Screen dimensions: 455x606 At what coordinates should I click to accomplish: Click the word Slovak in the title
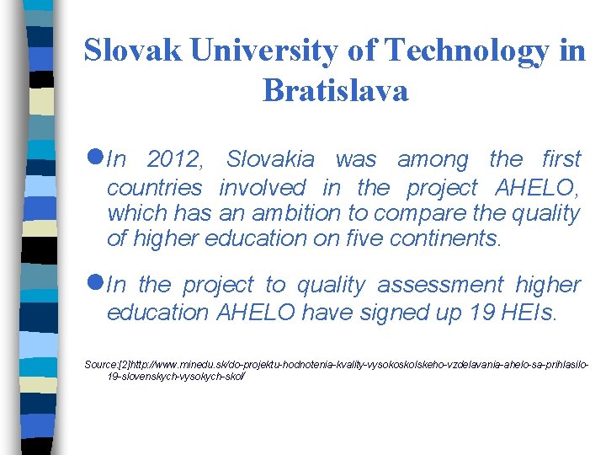[133, 52]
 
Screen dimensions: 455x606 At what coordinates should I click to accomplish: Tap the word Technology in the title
[466, 52]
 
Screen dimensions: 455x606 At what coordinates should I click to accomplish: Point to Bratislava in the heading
[335, 89]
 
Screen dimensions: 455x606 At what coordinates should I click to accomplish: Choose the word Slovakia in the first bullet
[270, 159]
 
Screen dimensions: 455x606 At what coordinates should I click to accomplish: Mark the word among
[433, 159]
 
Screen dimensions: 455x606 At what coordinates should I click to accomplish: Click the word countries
[155, 187]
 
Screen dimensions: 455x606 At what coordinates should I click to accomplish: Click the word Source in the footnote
[100, 363]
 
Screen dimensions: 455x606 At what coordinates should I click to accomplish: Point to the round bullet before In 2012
[94, 158]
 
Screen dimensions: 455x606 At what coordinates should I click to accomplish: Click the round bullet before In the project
[94, 284]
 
